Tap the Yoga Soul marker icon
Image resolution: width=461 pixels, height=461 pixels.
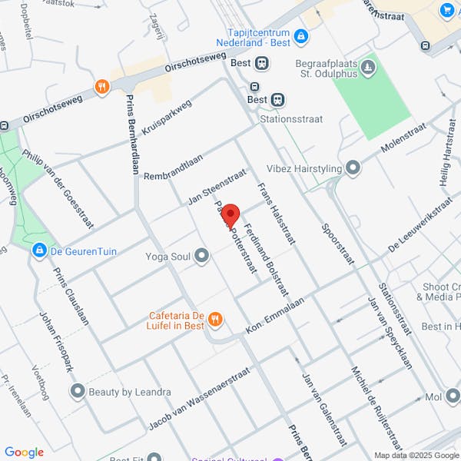(202, 255)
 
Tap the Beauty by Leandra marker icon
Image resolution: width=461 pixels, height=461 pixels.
(77, 392)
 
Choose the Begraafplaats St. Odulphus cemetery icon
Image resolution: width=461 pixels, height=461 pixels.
(368, 68)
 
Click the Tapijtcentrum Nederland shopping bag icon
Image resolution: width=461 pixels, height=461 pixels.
(301, 35)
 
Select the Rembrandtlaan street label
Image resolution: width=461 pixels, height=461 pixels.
(173, 166)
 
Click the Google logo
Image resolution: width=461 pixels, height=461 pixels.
(24, 453)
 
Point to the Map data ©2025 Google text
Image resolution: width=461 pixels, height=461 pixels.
(416, 455)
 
